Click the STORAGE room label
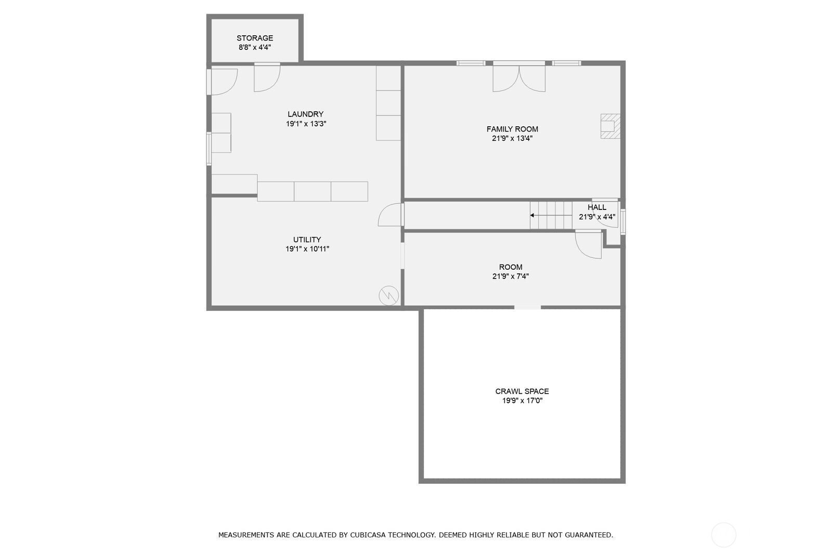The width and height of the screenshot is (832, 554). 254,38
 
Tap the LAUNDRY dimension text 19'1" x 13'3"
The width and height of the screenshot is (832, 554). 306,124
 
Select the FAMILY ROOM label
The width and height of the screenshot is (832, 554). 512,129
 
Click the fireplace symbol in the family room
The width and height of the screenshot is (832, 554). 610,126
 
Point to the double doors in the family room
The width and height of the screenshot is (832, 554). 519,78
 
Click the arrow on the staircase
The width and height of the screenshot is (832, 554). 532,215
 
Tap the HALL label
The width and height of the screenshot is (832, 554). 596,207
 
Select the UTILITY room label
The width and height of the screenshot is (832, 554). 307,240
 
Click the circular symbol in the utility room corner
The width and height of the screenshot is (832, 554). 388,296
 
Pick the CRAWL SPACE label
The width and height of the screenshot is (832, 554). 522,391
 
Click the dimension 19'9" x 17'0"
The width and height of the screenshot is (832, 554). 522,401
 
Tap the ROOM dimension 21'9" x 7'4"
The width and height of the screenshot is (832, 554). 510,276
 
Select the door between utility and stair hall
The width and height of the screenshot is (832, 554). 391,215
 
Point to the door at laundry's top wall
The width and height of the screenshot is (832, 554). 266,78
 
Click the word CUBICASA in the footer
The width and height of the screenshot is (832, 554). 371,535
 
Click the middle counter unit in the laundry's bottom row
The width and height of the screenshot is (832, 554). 312,191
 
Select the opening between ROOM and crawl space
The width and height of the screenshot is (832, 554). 527,308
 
